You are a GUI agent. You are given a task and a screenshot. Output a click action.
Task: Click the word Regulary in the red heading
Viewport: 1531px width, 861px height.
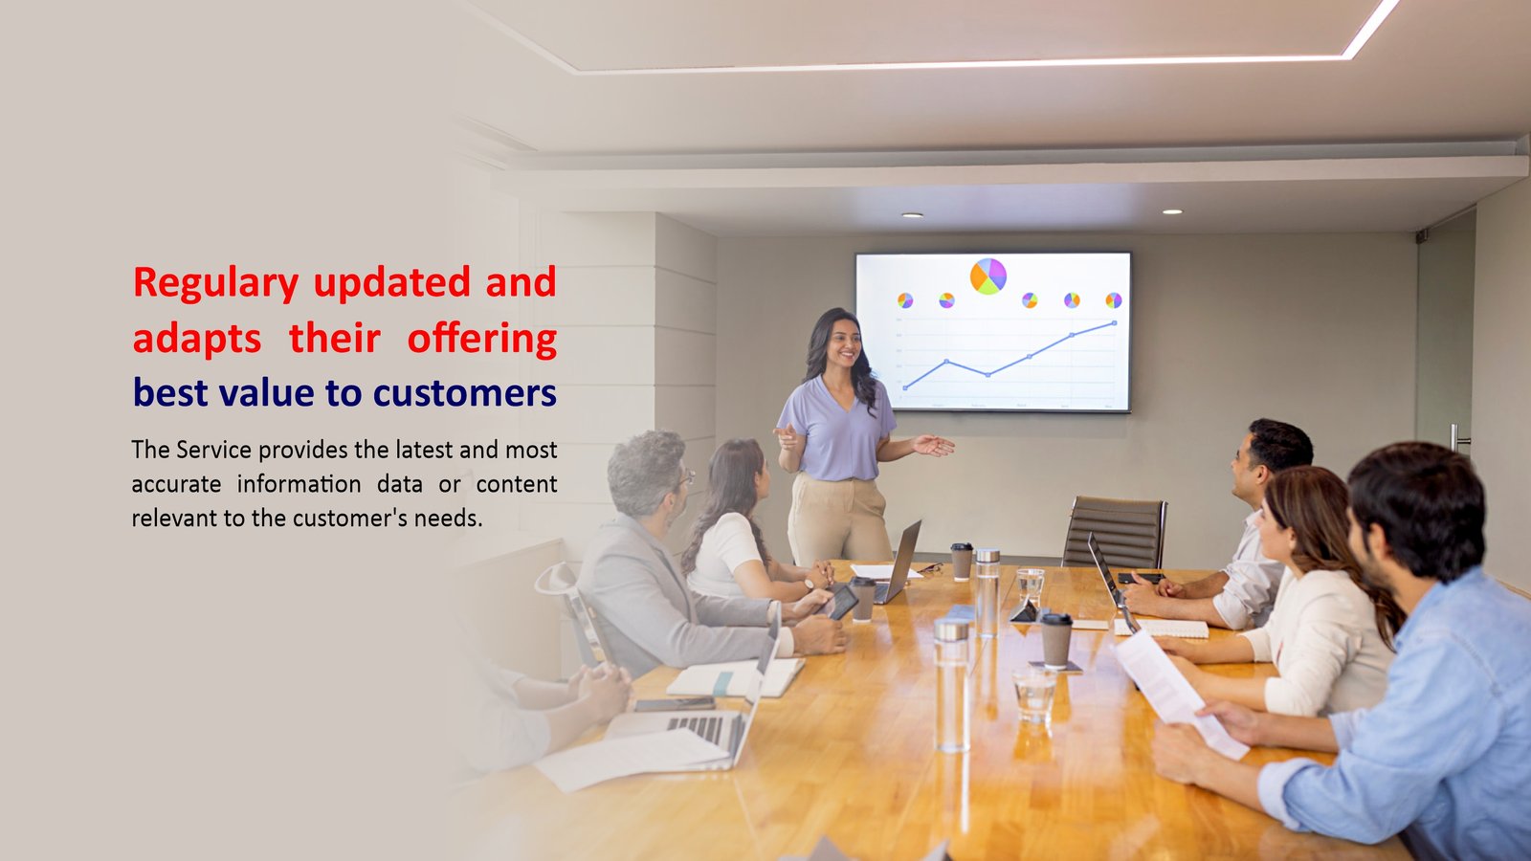[x=216, y=283]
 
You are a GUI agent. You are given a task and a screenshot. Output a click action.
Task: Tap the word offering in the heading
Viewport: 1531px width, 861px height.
[x=482, y=339]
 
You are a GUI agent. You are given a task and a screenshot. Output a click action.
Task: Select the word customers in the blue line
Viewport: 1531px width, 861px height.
[x=465, y=393]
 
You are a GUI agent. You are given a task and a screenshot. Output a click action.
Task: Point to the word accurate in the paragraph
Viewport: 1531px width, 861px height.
[x=176, y=484]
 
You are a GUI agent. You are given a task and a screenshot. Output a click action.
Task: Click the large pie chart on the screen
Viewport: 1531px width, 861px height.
[x=988, y=276]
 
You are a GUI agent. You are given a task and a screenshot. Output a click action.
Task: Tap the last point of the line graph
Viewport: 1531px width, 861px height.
[x=1115, y=322]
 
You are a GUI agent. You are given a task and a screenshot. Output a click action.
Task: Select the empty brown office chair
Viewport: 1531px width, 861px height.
[x=1114, y=532]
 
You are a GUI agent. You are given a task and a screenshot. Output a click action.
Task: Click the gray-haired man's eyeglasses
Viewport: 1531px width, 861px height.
[x=686, y=476]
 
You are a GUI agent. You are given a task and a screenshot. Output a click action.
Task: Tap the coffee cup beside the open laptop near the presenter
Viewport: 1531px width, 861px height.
[x=962, y=562]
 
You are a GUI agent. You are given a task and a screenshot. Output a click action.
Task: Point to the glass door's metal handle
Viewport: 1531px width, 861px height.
[x=1457, y=439]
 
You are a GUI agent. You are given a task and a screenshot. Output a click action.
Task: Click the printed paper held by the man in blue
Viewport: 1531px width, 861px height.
[x=1181, y=703]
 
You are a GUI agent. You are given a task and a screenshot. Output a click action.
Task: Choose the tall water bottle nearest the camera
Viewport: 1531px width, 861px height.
[x=951, y=685]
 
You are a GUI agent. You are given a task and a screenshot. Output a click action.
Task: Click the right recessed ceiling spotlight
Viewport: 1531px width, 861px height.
[x=1172, y=211]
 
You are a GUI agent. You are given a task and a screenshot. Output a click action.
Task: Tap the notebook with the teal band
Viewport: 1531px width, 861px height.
[x=736, y=678]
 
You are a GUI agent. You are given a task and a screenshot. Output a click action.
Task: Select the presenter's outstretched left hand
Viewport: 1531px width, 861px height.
[x=934, y=446]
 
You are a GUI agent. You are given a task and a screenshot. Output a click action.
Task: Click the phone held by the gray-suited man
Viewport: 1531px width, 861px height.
[x=841, y=603]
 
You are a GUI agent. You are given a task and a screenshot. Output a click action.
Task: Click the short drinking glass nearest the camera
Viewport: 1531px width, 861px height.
[x=1034, y=695]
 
